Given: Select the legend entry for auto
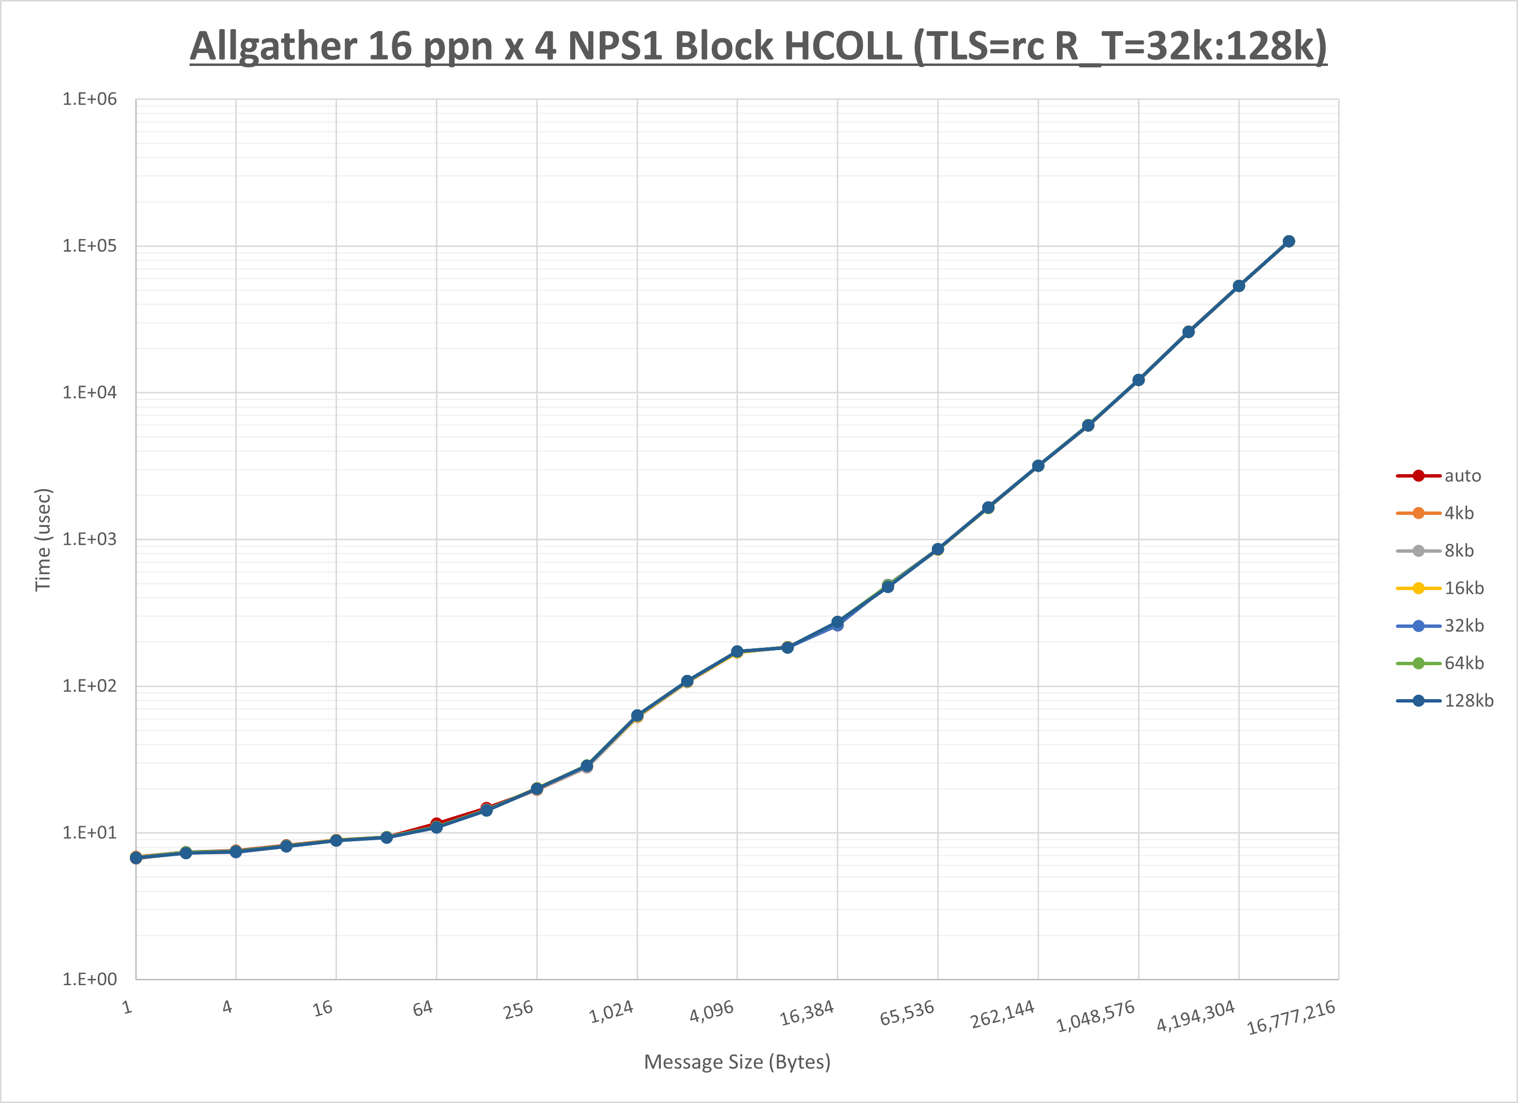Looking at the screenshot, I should click(x=1462, y=476).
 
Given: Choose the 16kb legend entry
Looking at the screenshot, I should click(x=1463, y=588).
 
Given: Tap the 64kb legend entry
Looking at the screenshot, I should click(x=1463, y=663).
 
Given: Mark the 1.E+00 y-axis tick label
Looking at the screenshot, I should click(x=89, y=979).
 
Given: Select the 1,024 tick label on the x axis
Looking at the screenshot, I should click(x=611, y=1012).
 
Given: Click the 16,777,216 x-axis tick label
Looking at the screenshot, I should click(x=1291, y=1017).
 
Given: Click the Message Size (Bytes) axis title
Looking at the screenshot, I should click(x=737, y=1062).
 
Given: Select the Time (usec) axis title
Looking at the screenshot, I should click(x=43, y=540).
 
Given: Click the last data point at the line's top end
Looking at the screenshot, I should click(x=1288, y=241).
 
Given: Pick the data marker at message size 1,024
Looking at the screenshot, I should click(x=637, y=716).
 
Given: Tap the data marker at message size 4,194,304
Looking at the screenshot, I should click(x=1238, y=286).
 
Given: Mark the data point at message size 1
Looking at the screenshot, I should click(x=136, y=858).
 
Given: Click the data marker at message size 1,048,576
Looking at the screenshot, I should click(x=1138, y=380).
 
